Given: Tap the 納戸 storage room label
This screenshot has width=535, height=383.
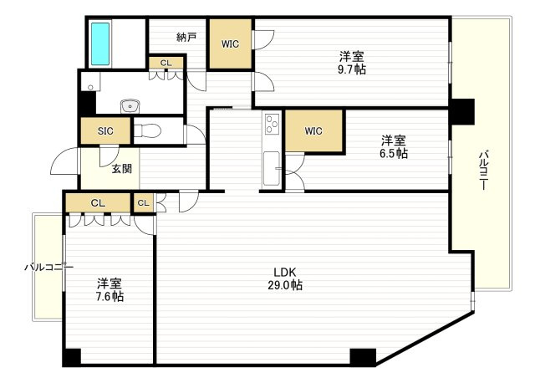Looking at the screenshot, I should [x=186, y=37].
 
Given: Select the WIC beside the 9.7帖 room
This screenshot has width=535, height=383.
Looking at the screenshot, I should [x=231, y=44].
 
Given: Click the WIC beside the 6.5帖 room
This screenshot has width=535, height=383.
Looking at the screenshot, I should [x=313, y=130].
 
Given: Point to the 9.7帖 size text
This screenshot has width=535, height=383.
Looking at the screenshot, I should [x=352, y=69].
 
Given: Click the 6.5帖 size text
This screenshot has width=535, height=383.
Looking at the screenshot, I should [x=395, y=154].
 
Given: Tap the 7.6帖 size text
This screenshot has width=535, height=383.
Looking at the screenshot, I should [x=110, y=296].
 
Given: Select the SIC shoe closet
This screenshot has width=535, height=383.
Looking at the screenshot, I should [x=105, y=131].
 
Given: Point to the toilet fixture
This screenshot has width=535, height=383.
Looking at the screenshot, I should [x=147, y=131].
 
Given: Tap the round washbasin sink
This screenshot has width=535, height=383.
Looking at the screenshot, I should [x=130, y=105].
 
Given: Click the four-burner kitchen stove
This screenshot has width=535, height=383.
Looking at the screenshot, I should [x=272, y=125].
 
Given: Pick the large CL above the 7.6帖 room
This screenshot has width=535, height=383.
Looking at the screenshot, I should [x=98, y=202].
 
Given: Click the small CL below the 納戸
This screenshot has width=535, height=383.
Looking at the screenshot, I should [x=166, y=63].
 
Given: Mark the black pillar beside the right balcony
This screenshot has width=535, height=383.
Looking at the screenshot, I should [x=462, y=110].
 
